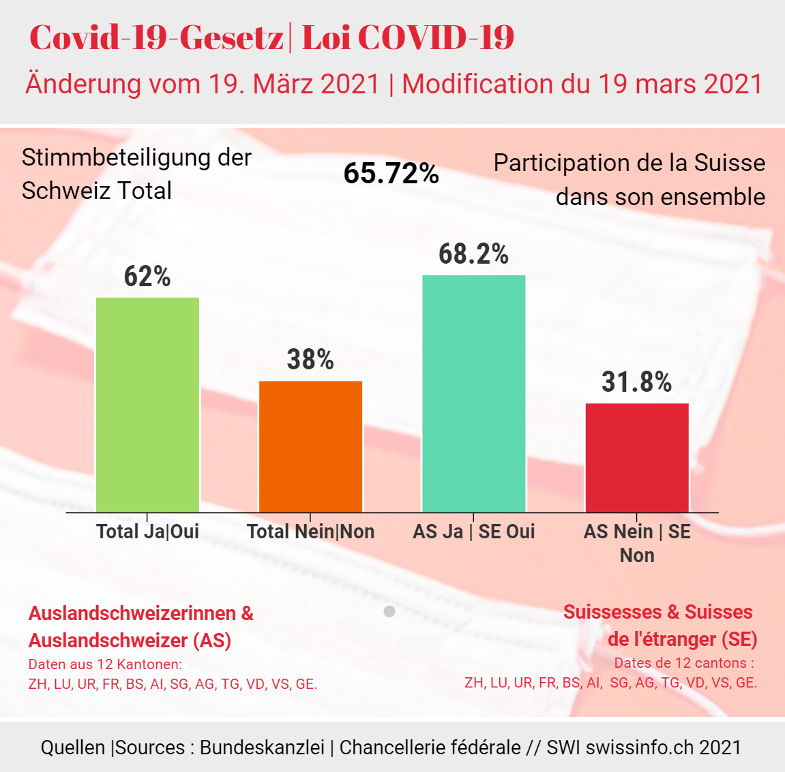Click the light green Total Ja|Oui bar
point(147,405)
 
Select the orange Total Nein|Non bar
point(310,446)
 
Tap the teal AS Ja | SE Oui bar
point(474,393)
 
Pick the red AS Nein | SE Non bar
point(637,457)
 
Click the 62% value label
point(147,277)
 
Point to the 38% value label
point(310,360)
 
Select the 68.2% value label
point(473,254)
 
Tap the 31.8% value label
point(636,382)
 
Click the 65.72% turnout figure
point(391,173)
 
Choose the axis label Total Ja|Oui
point(147,531)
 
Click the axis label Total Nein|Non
point(310,531)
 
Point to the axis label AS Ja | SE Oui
point(473,531)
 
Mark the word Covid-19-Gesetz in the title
point(156,37)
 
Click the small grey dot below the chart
point(389,611)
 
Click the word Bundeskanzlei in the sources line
point(262,747)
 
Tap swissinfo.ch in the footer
point(635,747)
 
